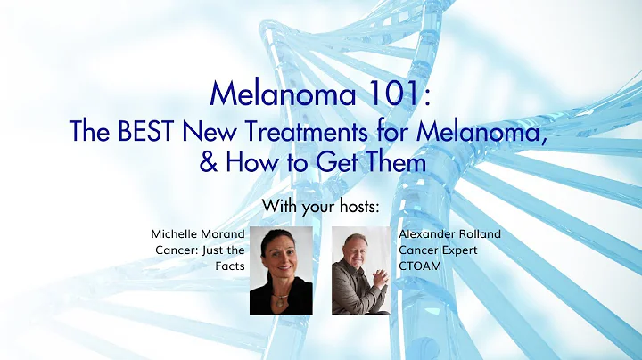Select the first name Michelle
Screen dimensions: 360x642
[x=177, y=234]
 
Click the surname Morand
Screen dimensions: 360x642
[x=224, y=234]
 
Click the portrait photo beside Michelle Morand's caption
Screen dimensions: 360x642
[x=281, y=270]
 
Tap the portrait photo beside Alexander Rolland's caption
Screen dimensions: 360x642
[x=361, y=270]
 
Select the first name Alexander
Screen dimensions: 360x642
[x=426, y=234]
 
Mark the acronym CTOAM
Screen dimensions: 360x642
[x=421, y=266]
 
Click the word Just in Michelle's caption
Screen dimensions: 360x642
[x=210, y=250]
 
